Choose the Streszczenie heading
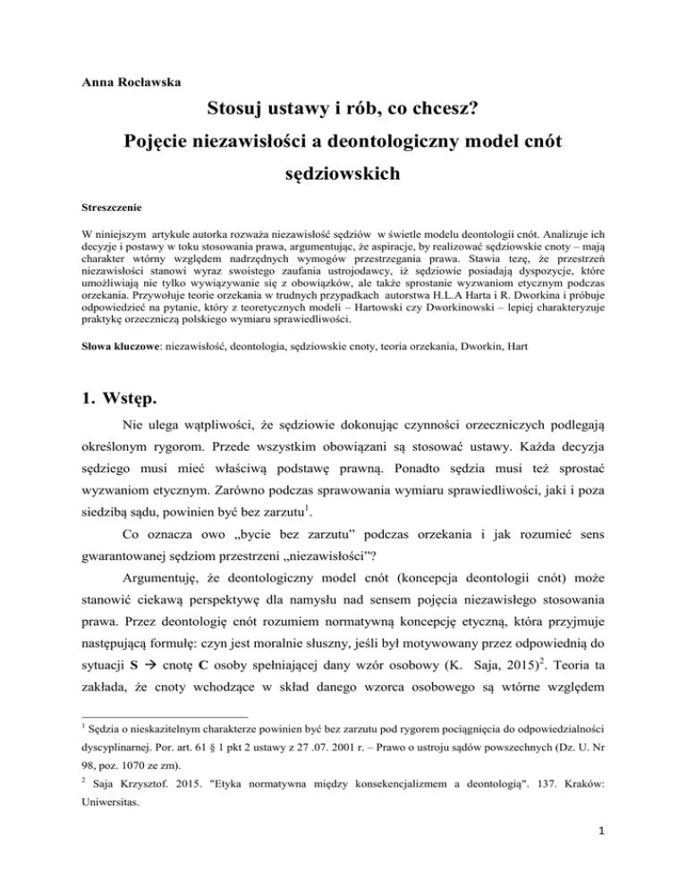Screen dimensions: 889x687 pos(106,216)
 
